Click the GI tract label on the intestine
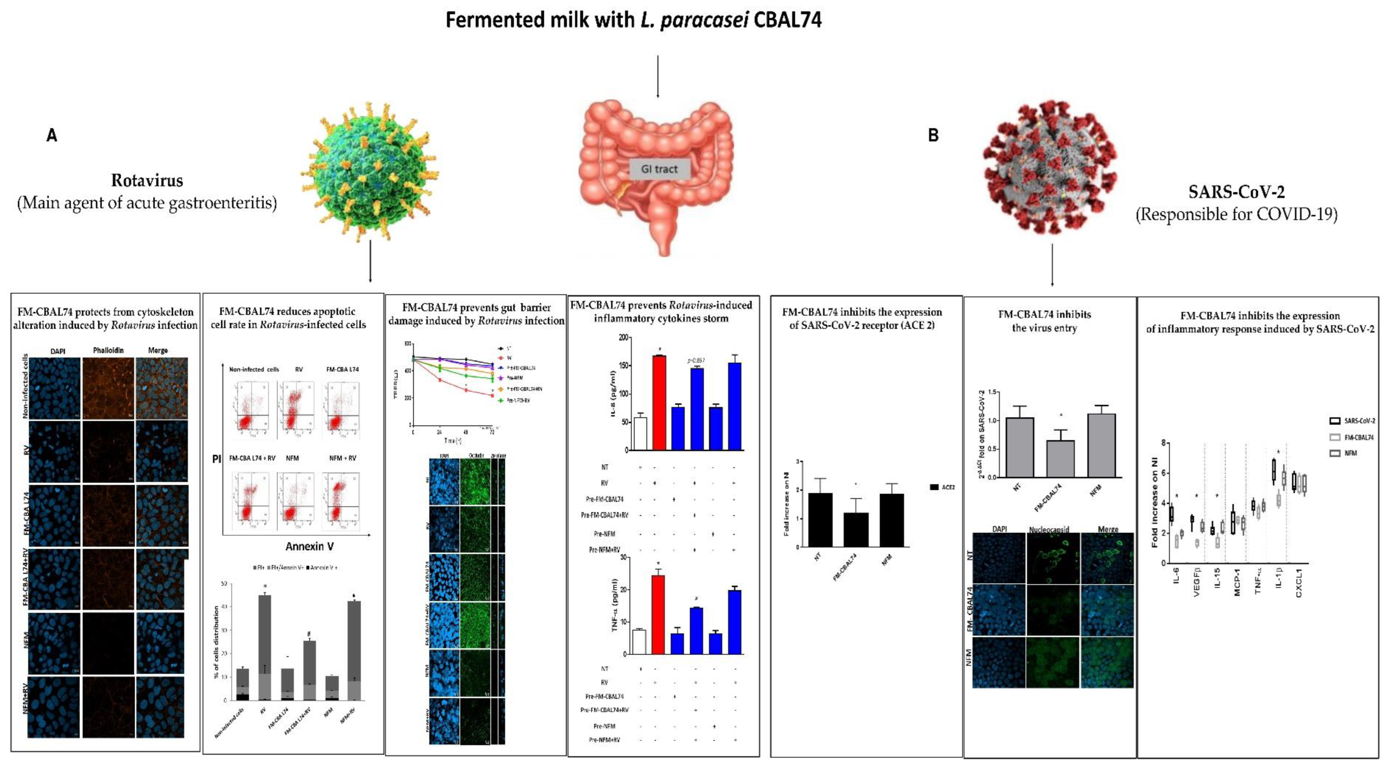[x=659, y=169]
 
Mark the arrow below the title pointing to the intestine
[x=657, y=76]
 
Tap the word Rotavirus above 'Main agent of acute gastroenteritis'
[x=147, y=180]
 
